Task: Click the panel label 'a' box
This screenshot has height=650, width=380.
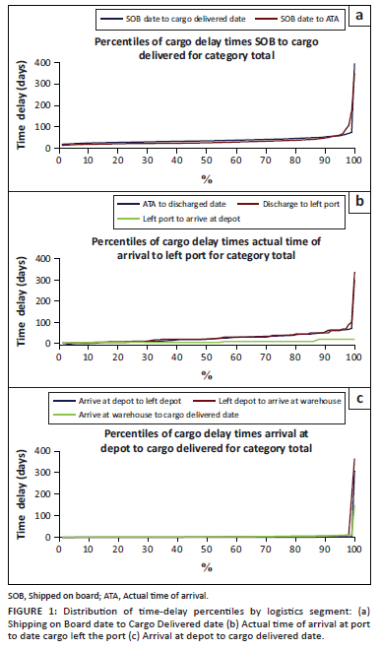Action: point(359,16)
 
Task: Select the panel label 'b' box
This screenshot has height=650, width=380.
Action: point(359,201)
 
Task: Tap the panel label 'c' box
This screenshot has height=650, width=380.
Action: point(359,399)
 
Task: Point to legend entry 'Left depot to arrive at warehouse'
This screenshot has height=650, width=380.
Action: point(280,401)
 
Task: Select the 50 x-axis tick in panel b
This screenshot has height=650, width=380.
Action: point(207,357)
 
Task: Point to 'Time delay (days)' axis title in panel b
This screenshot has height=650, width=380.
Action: point(21,301)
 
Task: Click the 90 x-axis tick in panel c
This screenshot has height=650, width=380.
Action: point(325,550)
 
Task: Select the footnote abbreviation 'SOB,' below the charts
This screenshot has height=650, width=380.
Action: point(17,597)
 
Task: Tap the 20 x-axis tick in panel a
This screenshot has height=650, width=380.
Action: point(118,160)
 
